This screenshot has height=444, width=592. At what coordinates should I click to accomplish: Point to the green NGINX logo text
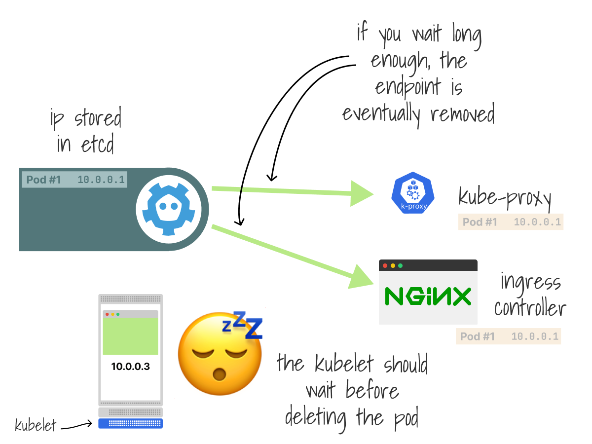pyautogui.click(x=428, y=297)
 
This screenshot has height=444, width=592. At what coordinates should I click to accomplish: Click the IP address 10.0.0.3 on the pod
pyautogui.click(x=130, y=366)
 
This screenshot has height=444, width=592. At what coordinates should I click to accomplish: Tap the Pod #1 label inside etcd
pyautogui.click(x=43, y=180)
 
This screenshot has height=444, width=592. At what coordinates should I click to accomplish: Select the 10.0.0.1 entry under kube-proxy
pyautogui.click(x=537, y=222)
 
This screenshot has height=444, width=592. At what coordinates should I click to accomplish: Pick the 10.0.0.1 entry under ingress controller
pyautogui.click(x=535, y=337)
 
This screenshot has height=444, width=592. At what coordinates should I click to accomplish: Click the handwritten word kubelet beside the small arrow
pyautogui.click(x=35, y=425)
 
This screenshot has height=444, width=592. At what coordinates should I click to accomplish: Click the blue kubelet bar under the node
pyautogui.click(x=130, y=423)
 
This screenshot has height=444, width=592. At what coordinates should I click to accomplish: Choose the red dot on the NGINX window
pyautogui.click(x=385, y=265)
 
